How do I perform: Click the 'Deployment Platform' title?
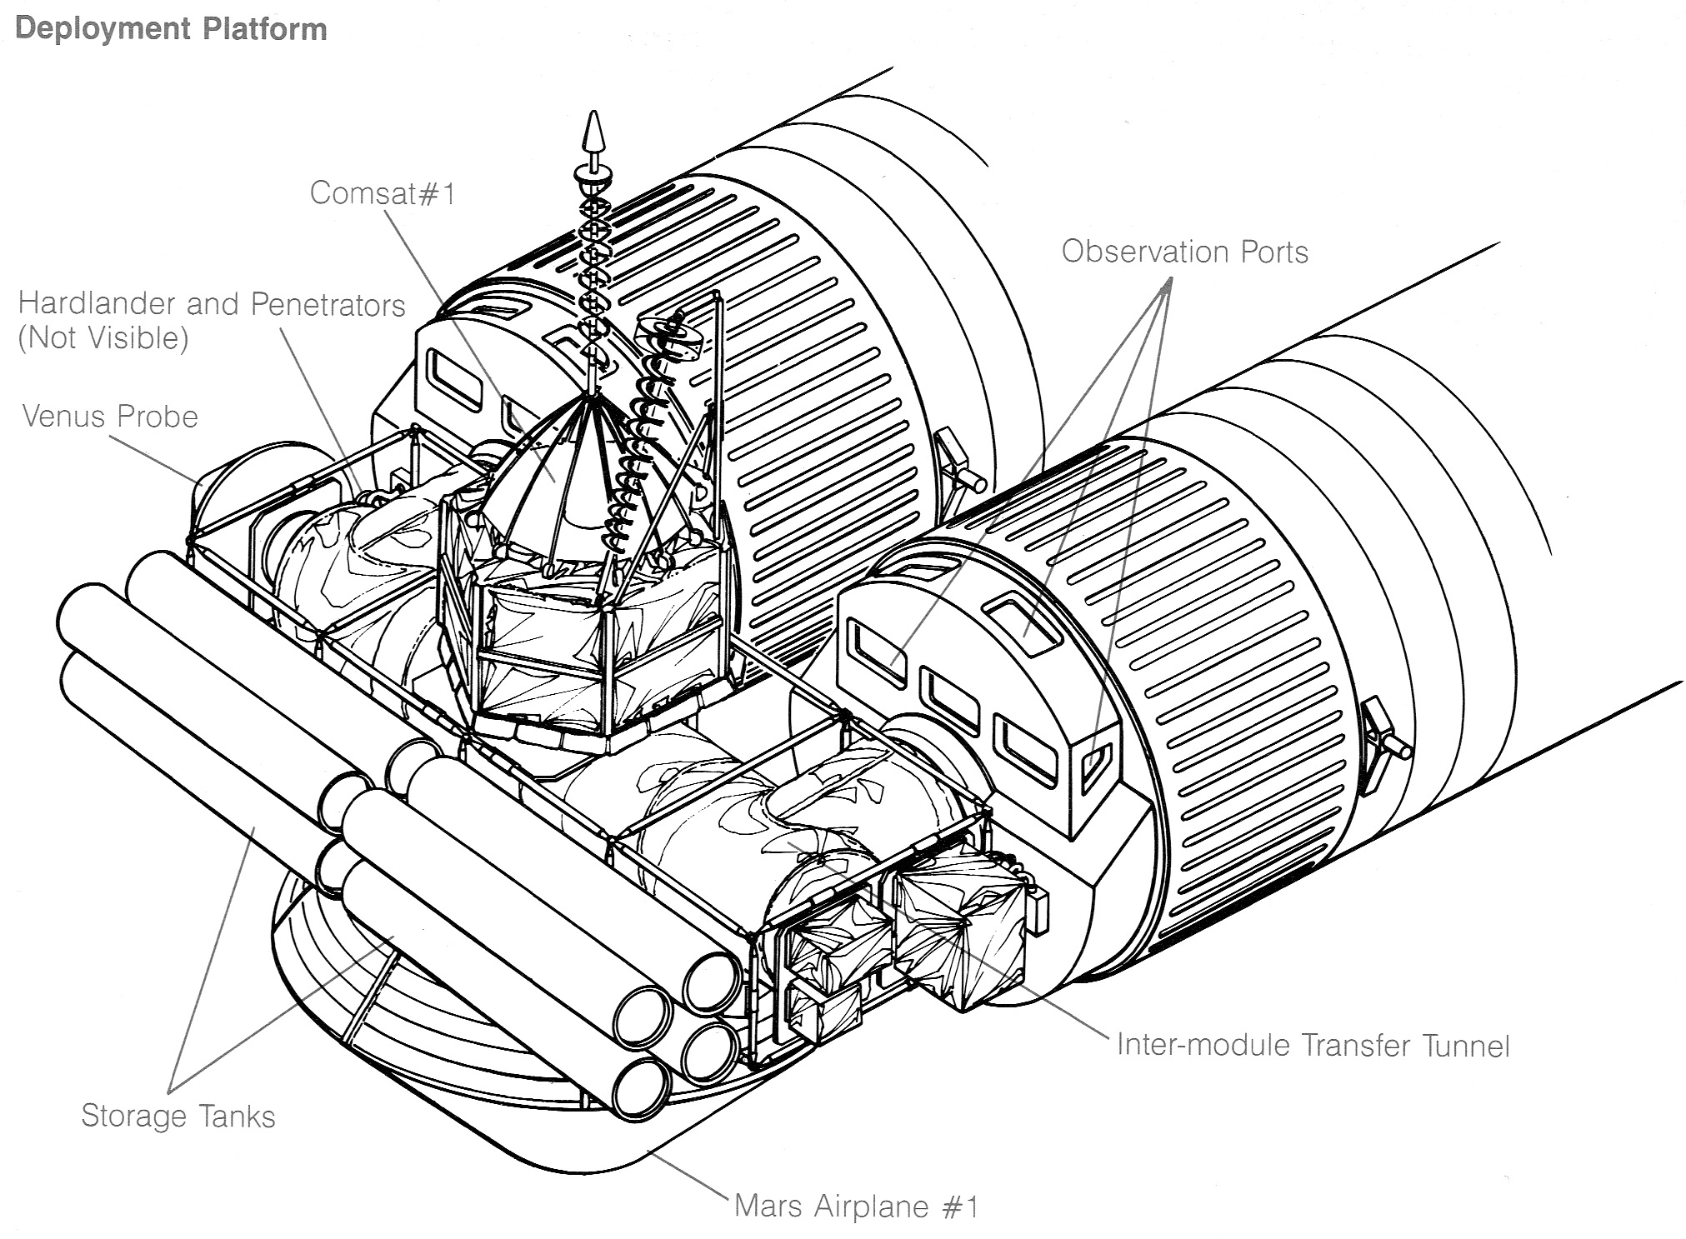click(x=171, y=29)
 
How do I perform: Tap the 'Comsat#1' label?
click(x=383, y=193)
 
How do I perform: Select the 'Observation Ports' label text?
click(x=1184, y=252)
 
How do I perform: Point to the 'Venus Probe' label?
click(x=110, y=416)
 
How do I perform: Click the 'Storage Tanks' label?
click(x=178, y=1116)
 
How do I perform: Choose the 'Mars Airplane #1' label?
click(x=857, y=1206)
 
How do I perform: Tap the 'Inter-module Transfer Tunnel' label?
click(x=1313, y=1045)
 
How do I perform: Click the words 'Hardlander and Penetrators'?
click(x=212, y=304)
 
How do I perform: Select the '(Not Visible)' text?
click(x=103, y=338)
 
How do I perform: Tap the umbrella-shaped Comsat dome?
click(x=575, y=483)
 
